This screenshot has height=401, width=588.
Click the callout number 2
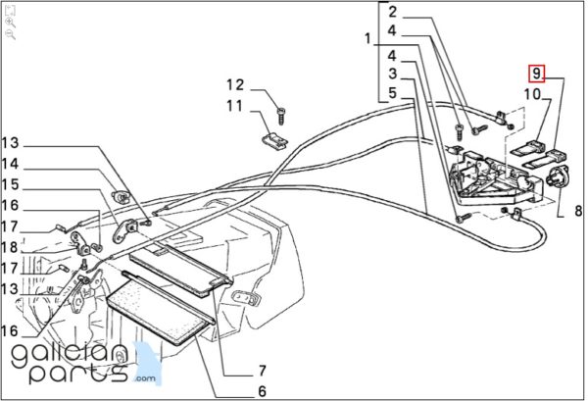pyautogui.click(x=392, y=13)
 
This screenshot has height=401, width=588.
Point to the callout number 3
pyautogui.click(x=392, y=75)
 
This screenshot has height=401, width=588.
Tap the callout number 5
pyautogui.click(x=392, y=94)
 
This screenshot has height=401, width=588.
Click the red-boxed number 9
pyautogui.click(x=536, y=74)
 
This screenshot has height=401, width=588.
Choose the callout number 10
pyautogui.click(x=532, y=94)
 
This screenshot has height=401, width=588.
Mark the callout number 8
pyautogui.click(x=577, y=210)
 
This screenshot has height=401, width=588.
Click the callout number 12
pyautogui.click(x=236, y=83)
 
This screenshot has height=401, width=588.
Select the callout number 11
pyautogui.click(x=236, y=105)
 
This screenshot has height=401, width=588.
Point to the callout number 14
pyautogui.click(x=10, y=163)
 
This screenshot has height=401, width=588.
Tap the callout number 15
pyautogui.click(x=10, y=183)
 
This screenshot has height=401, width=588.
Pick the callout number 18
pyautogui.click(x=10, y=246)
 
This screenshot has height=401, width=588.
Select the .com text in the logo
pyautogui.click(x=146, y=377)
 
